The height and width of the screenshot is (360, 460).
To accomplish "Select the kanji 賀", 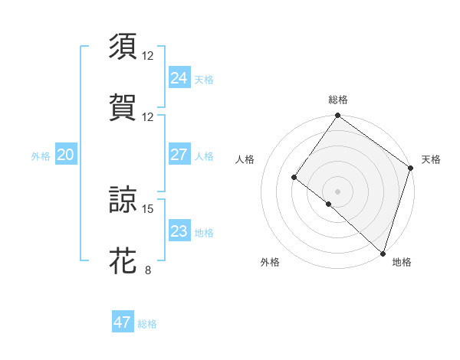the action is (123, 106).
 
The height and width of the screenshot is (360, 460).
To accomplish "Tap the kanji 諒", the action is (123, 199).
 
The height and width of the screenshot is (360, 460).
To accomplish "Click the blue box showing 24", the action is (179, 77).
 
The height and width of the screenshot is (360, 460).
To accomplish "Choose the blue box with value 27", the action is (179, 155).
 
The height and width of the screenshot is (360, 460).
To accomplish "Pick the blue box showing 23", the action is (179, 231).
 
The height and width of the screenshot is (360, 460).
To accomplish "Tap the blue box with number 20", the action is (66, 155).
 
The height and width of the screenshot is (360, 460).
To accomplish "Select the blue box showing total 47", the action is (123, 322).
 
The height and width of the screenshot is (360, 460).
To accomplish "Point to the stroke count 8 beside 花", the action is (148, 270).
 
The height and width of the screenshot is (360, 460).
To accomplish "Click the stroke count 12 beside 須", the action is (148, 56).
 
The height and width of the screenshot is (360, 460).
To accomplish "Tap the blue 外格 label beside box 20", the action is (41, 156).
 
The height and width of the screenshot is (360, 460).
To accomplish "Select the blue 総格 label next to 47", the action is (147, 324).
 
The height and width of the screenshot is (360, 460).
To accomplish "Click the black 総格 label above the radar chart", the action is (338, 100).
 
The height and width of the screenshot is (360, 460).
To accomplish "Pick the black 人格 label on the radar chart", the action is (245, 159).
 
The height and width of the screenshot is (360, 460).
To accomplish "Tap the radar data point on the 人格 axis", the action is (294, 178).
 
